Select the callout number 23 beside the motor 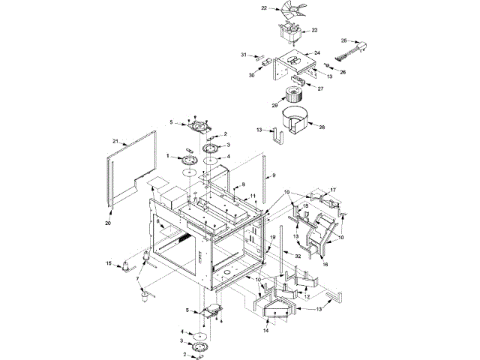point(314,30)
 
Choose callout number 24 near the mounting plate point(317,53)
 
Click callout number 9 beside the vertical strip point(273,175)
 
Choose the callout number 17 point(334,190)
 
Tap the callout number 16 point(325,265)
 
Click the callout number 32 point(298,256)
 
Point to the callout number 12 point(306,297)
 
